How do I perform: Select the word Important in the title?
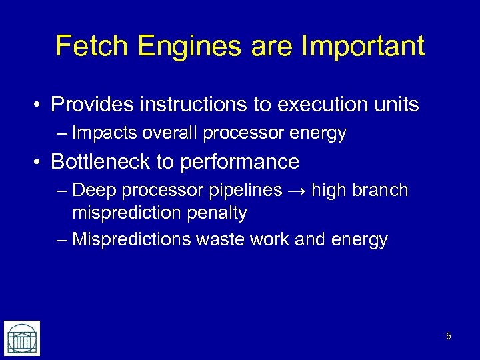(x=363, y=46)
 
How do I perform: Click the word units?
(x=395, y=105)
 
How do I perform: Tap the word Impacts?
(x=103, y=133)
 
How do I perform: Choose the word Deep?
(x=93, y=191)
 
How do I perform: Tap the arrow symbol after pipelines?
(x=297, y=191)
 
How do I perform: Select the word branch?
(x=381, y=191)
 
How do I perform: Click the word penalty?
(x=217, y=213)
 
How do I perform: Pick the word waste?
(x=217, y=239)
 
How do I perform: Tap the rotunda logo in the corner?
(x=22, y=338)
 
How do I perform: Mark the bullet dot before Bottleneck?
(x=40, y=162)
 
